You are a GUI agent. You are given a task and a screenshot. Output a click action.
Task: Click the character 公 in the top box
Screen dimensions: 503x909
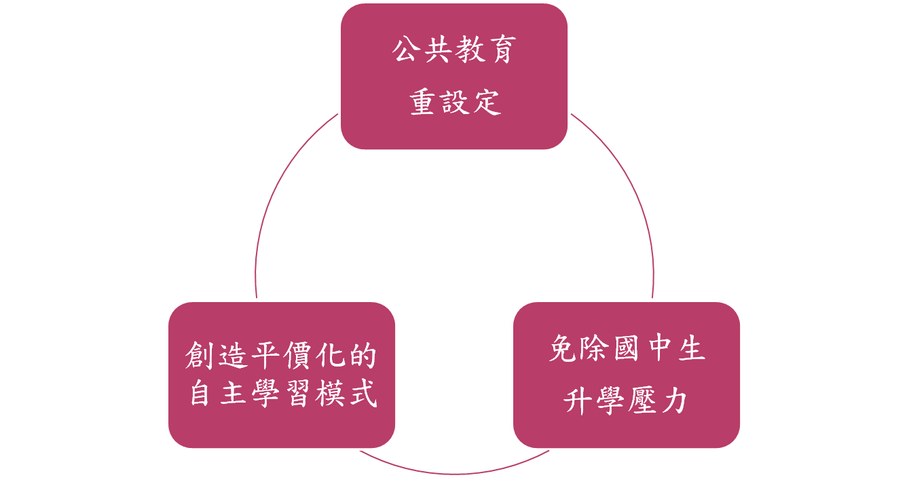[x=408, y=52]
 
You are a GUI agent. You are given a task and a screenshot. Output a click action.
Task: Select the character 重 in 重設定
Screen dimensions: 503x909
[x=423, y=103]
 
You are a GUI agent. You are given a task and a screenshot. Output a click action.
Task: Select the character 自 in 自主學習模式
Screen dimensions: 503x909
[x=200, y=394]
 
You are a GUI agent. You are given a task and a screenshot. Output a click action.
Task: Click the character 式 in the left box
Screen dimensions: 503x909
[x=360, y=394]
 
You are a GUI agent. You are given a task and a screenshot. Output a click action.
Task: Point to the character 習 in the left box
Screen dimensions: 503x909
[x=296, y=394]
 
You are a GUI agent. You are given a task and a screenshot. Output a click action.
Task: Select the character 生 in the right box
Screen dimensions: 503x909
[x=690, y=350]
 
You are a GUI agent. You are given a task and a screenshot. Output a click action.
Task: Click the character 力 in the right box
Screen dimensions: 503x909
[x=673, y=401]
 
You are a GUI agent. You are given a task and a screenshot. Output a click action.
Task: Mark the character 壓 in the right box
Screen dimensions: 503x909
[x=642, y=401]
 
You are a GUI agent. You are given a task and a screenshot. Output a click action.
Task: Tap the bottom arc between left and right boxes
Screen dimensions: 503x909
[x=454, y=473]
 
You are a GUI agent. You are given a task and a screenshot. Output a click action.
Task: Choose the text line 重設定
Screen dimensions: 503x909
[x=454, y=103]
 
